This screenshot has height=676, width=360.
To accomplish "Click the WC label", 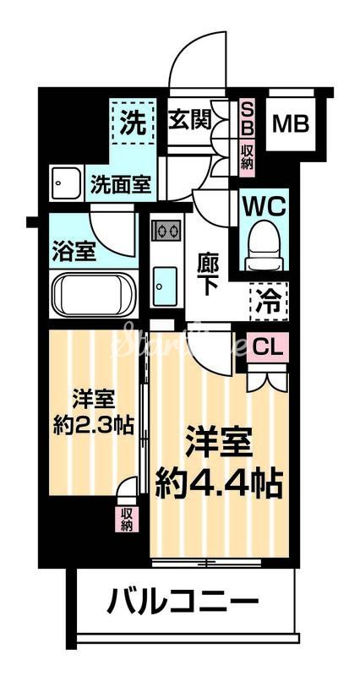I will point(265,205).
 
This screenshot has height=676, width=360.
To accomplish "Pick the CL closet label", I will point(268,346).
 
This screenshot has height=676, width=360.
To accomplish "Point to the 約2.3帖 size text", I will point(92,423).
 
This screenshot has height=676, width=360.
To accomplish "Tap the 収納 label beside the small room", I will point(127,520).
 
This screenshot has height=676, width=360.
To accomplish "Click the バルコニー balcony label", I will point(183,603).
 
